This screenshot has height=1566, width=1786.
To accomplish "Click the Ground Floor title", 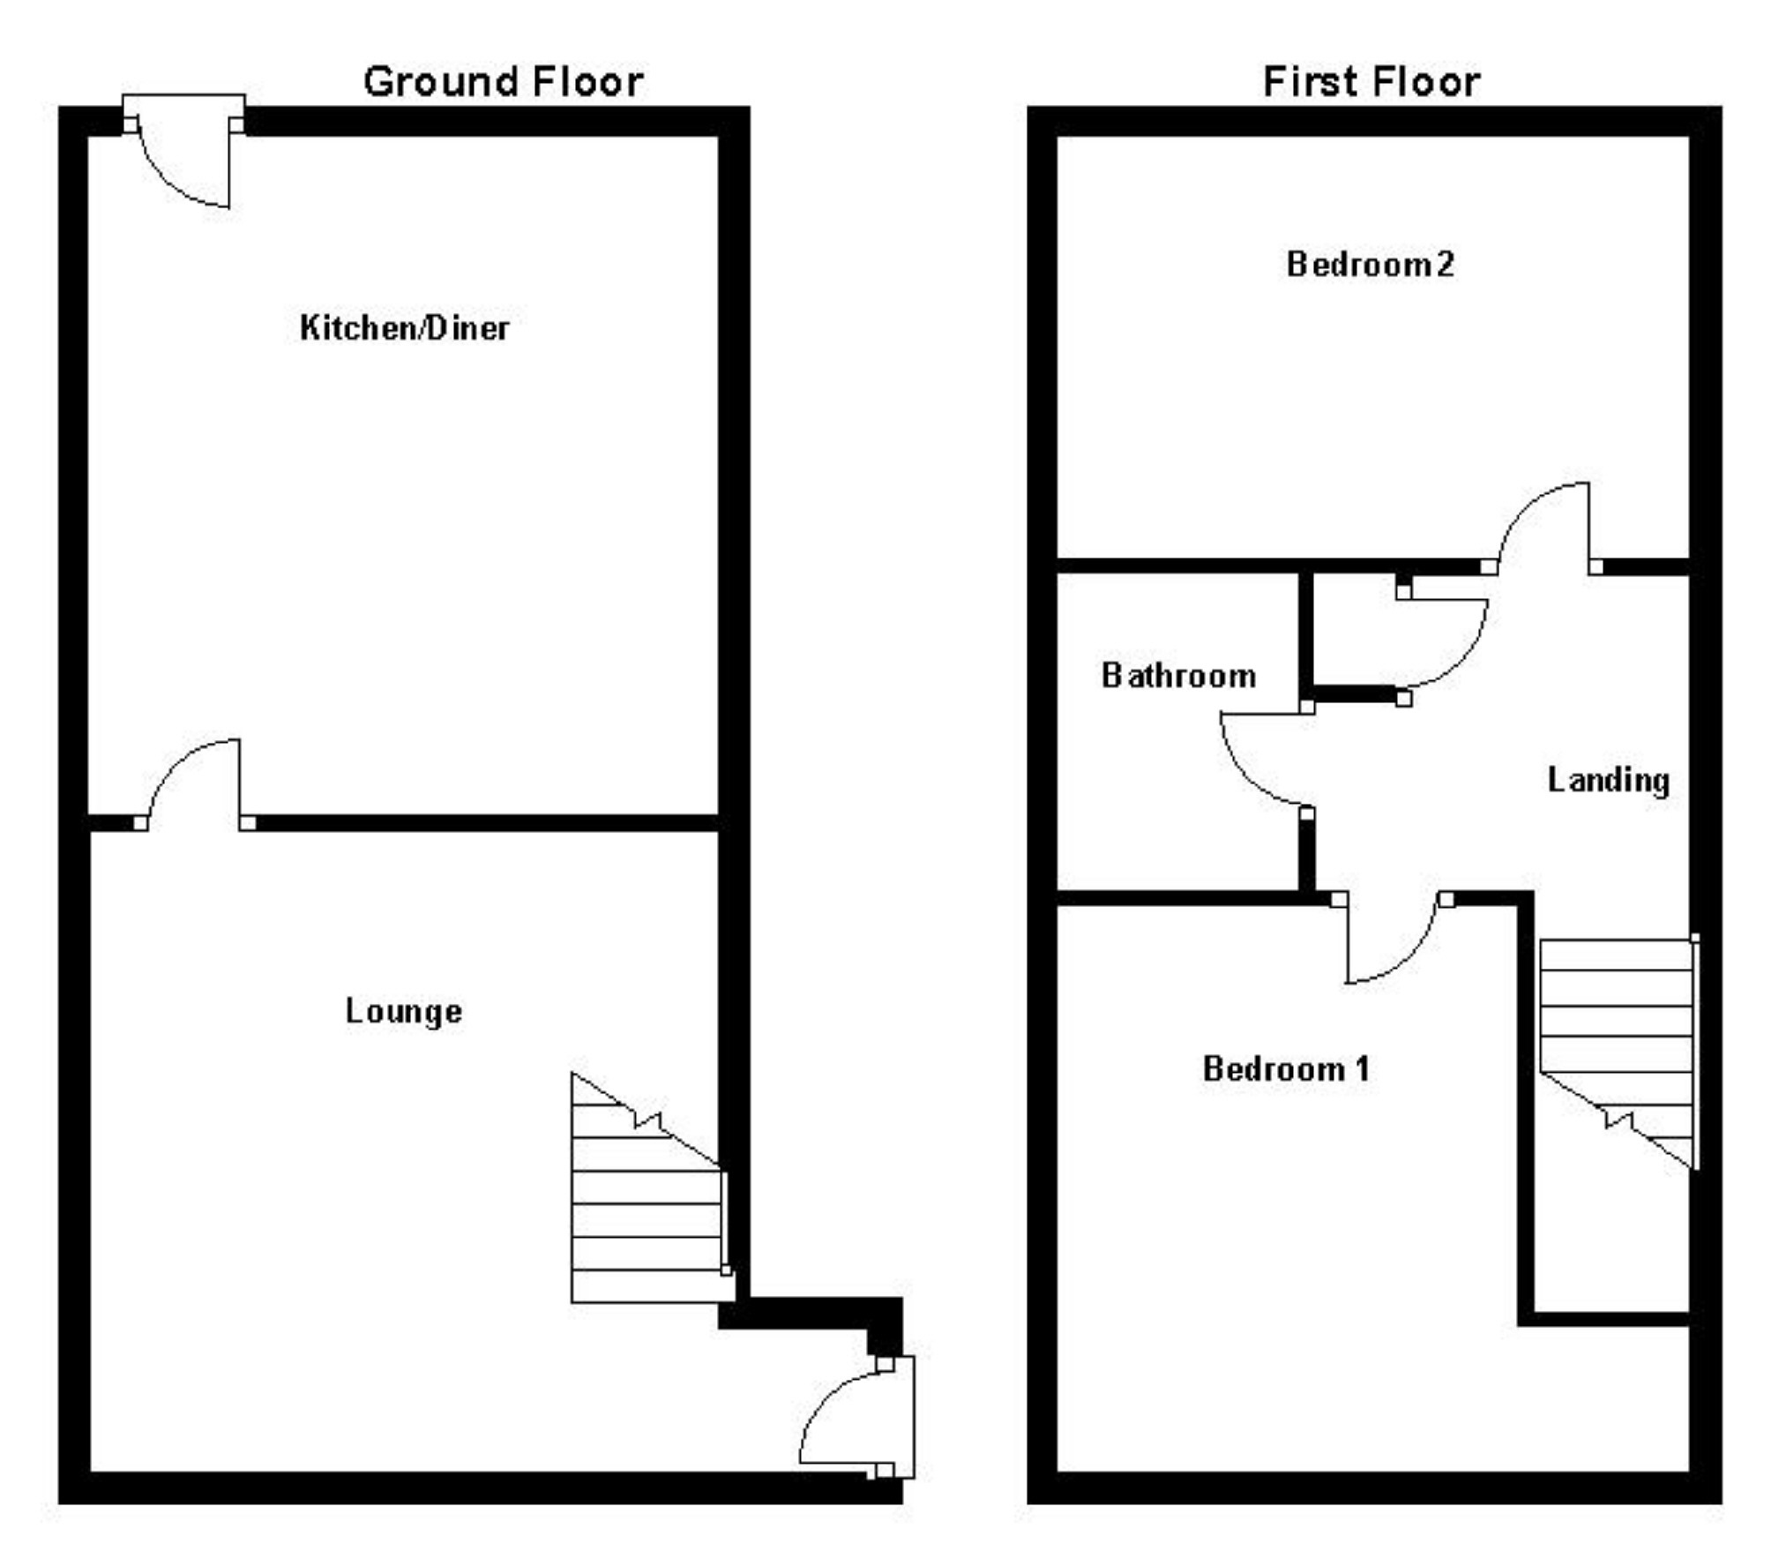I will (503, 82).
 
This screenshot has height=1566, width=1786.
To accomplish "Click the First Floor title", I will (1371, 82).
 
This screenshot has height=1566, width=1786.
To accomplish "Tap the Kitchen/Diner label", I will (404, 328).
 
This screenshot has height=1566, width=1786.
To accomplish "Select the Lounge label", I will (403, 1010).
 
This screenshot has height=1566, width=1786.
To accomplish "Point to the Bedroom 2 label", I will (1370, 264).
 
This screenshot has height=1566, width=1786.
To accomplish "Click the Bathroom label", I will (1178, 676).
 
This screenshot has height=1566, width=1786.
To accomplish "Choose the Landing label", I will (1608, 780).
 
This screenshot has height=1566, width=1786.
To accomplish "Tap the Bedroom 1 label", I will (1286, 1068).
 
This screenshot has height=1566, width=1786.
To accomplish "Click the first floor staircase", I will (1617, 1032).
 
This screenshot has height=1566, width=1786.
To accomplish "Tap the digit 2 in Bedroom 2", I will (1445, 264).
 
